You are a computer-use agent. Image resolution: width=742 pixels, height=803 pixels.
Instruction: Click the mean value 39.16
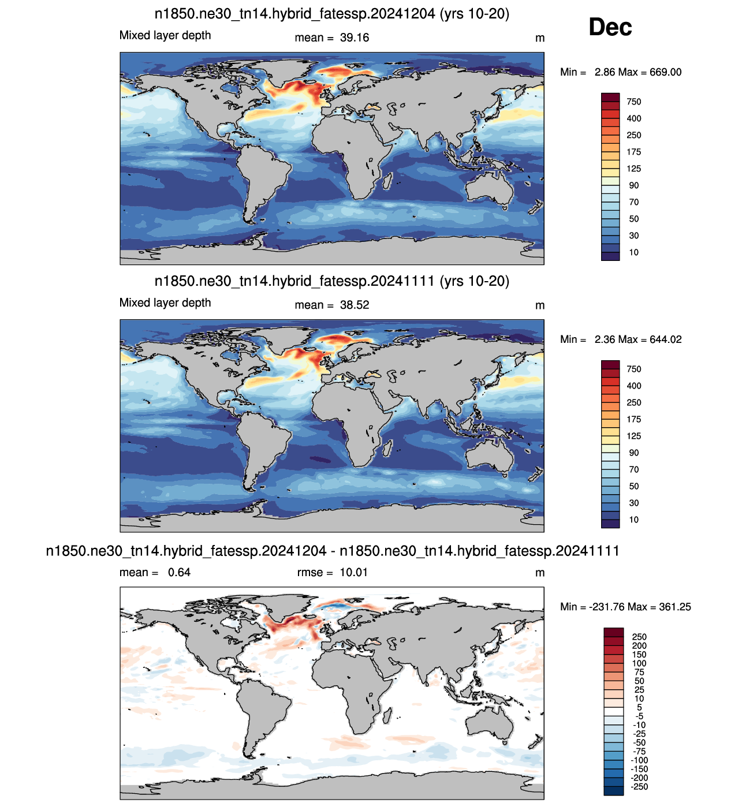click(x=355, y=38)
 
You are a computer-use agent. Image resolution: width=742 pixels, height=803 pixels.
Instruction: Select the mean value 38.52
click(x=355, y=305)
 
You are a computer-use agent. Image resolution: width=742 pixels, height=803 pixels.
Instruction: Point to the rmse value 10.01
click(x=353, y=572)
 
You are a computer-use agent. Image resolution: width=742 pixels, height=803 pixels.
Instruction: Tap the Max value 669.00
click(x=666, y=72)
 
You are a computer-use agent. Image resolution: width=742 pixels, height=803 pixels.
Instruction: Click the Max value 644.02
click(x=666, y=339)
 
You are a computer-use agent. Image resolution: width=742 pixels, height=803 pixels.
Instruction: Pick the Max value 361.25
click(x=675, y=607)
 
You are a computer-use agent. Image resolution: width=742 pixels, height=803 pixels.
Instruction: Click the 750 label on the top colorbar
click(x=633, y=102)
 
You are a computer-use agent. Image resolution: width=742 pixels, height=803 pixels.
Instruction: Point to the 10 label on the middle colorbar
click(x=633, y=520)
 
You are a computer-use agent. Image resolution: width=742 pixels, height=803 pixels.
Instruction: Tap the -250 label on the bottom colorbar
click(x=639, y=786)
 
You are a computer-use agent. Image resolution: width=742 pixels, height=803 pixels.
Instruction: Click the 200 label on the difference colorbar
click(x=639, y=646)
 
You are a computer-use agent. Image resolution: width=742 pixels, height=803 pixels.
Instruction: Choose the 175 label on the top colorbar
click(x=633, y=152)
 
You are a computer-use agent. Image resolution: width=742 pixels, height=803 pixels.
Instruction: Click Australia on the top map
click(x=490, y=188)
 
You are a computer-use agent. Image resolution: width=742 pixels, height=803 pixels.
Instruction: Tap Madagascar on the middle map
click(x=387, y=448)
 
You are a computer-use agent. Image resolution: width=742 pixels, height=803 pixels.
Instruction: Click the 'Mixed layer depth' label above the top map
click(x=165, y=35)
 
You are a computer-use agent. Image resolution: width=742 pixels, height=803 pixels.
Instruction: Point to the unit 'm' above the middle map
click(x=540, y=306)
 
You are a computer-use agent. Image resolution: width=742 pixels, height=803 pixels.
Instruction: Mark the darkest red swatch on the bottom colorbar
click(x=613, y=632)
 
